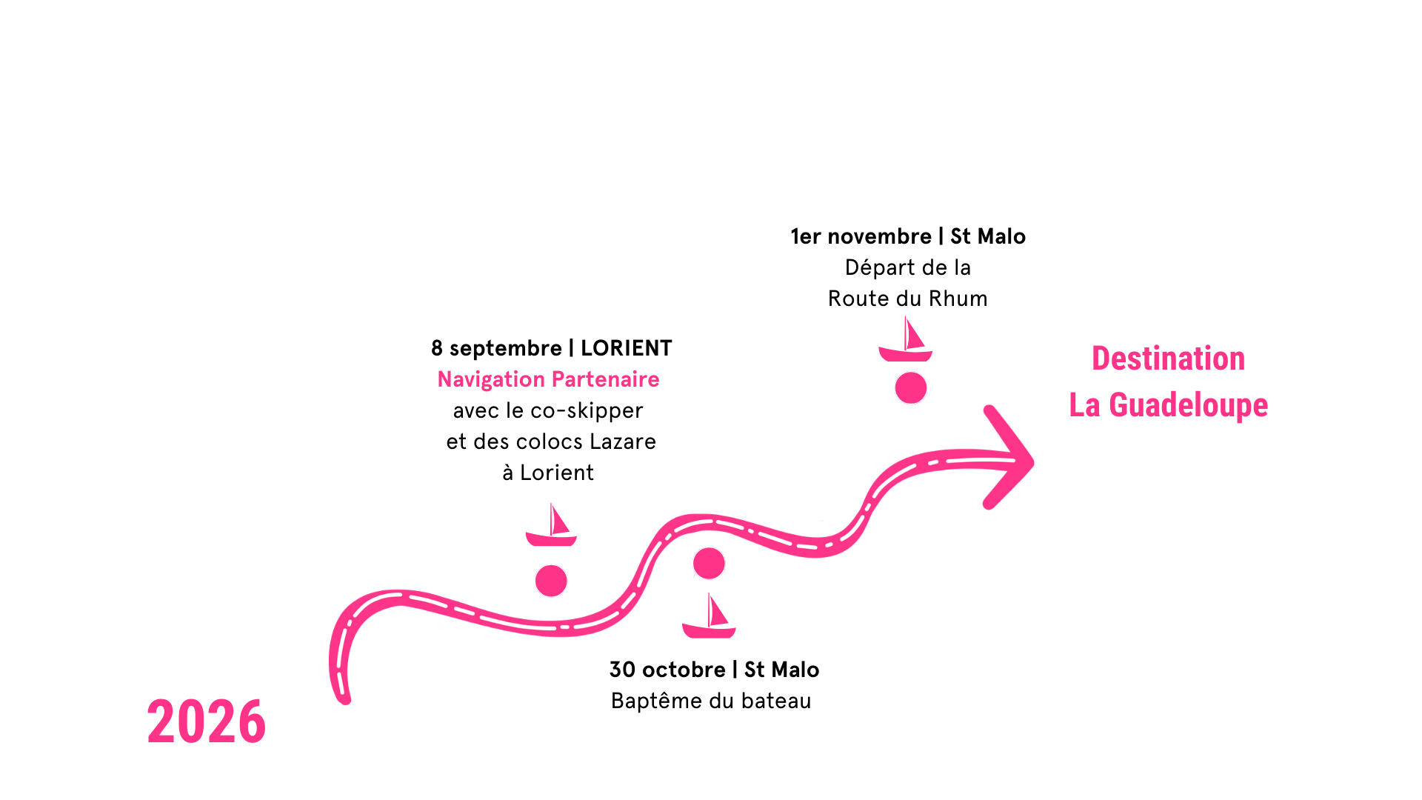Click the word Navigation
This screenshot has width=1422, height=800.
[491, 379]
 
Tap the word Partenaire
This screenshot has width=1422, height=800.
[605, 379]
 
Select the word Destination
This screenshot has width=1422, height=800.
[1168, 359]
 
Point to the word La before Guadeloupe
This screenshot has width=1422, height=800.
[1084, 405]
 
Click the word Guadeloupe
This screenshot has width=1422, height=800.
[1188, 405]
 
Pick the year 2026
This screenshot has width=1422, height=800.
[206, 722]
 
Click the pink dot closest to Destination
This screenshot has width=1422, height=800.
[911, 388]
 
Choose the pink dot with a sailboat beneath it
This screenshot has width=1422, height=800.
[709, 564]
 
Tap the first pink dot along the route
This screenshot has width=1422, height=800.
[551, 581]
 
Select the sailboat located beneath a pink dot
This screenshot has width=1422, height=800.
[710, 619]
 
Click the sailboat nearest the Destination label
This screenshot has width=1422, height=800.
[906, 341]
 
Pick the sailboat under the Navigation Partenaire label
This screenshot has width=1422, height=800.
[552, 527]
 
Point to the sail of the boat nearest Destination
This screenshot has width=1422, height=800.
[912, 334]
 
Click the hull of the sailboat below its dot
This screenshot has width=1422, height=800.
[709, 632]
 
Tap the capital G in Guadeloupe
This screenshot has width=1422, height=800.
[1118, 405]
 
